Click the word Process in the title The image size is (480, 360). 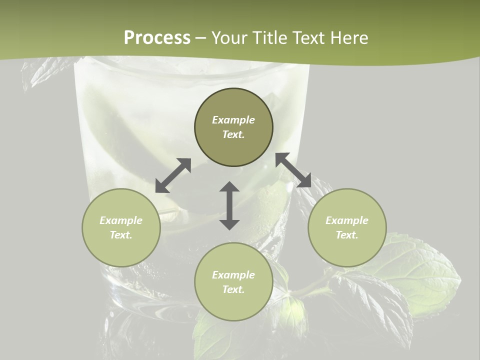pos(157,38)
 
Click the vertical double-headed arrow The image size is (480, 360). pos(229,205)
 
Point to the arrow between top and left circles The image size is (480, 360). pos(173,175)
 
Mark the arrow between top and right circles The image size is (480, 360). pos(293,170)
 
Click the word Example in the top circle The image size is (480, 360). pos(233,120)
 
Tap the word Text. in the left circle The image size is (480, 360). pos(121,235)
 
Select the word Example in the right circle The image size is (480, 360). pos(347,220)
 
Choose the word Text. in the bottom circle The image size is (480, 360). pos(233,289)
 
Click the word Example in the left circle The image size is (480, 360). pos(121,220)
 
